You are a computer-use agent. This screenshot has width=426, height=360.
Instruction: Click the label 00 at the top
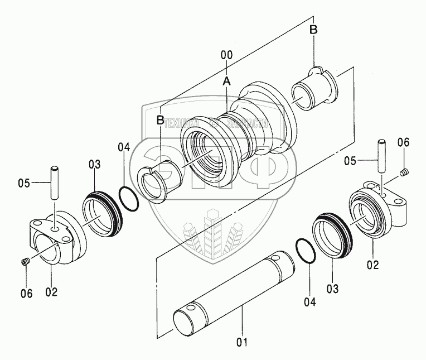(x=226, y=55)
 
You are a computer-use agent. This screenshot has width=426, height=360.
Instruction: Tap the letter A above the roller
(x=226, y=81)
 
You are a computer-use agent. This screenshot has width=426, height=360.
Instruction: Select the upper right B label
(x=313, y=30)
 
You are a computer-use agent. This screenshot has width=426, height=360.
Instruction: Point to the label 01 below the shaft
(x=243, y=342)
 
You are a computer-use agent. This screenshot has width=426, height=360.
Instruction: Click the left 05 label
(x=25, y=183)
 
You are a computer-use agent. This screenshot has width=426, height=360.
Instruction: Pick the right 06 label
(x=403, y=143)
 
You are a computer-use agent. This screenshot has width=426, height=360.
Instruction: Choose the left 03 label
(x=94, y=164)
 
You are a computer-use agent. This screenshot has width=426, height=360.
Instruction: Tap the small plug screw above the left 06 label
(x=25, y=262)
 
